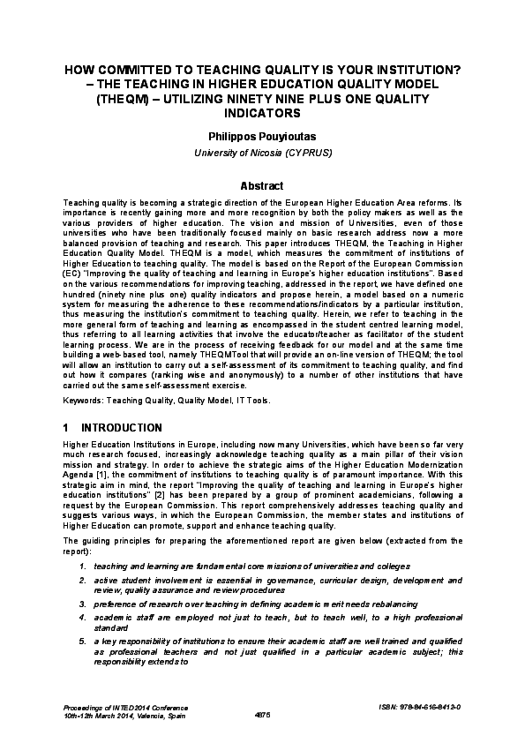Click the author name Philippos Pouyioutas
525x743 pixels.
[262, 138]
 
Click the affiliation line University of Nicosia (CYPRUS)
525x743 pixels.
[262, 154]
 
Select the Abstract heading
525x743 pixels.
[262, 186]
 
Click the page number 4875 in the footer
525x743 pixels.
[262, 715]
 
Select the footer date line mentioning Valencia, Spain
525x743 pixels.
[115, 715]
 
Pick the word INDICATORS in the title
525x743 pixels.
[262, 113]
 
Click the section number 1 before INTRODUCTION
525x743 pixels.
[66, 427]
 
